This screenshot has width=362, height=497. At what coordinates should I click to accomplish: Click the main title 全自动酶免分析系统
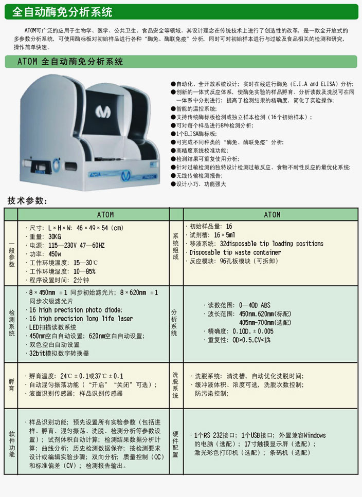(62, 12)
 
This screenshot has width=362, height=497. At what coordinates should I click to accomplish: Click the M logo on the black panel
(103, 112)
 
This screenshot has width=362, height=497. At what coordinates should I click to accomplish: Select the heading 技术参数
(28, 200)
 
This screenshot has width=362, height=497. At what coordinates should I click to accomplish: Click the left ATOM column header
(105, 215)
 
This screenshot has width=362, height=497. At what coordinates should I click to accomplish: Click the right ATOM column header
(272, 215)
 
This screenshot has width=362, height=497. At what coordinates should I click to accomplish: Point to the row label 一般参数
(11, 253)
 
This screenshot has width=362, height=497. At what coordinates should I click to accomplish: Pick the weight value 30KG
(55, 236)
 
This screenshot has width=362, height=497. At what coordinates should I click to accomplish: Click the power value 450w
(55, 254)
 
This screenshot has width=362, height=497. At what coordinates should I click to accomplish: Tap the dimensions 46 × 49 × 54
(92, 228)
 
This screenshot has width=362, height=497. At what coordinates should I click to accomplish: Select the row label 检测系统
(11, 323)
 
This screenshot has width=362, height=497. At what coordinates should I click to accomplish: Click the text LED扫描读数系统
(52, 327)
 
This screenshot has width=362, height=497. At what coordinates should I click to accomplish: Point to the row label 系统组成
(175, 247)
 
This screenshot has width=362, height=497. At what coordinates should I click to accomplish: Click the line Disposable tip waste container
(235, 252)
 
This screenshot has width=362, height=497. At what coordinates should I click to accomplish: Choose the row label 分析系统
(174, 323)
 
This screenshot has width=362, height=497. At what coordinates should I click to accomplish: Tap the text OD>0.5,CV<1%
(251, 340)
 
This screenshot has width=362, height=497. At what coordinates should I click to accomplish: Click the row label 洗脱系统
(175, 385)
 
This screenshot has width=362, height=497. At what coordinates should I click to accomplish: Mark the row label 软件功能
(12, 444)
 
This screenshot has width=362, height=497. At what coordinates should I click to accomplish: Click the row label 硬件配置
(175, 444)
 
